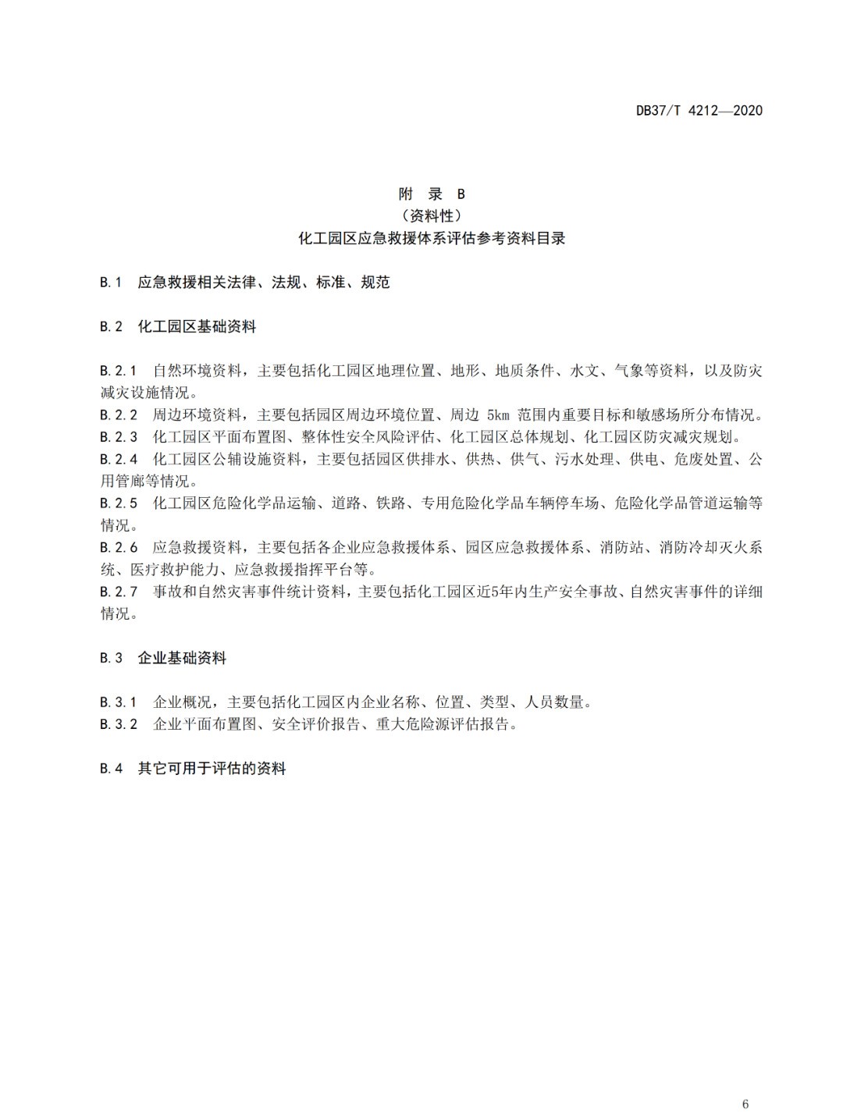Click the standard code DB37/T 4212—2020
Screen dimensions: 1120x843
click(x=699, y=110)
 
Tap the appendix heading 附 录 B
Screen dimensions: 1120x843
click(x=432, y=194)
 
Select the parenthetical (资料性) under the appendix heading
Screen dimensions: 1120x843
click(x=432, y=215)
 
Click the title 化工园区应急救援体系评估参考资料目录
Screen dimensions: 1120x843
click(x=432, y=238)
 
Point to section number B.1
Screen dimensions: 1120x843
click(x=111, y=283)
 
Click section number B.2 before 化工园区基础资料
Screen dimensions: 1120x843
click(x=111, y=327)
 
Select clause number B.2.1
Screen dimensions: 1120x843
click(x=119, y=371)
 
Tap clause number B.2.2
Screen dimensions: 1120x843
click(x=119, y=415)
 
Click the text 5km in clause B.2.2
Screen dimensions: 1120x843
click(x=497, y=415)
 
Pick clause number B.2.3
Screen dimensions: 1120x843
click(x=119, y=437)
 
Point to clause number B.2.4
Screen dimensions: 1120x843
click(x=119, y=459)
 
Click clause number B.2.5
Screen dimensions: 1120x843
click(x=119, y=503)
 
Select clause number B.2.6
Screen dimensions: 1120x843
click(x=119, y=548)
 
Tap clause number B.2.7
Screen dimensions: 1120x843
click(x=119, y=592)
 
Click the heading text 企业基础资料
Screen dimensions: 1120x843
click(x=182, y=658)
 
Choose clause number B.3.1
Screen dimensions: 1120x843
click(x=119, y=702)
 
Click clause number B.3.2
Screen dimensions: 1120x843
click(x=119, y=724)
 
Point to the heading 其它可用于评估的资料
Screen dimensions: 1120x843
click(x=212, y=769)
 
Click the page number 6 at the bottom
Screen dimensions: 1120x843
click(x=745, y=1082)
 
